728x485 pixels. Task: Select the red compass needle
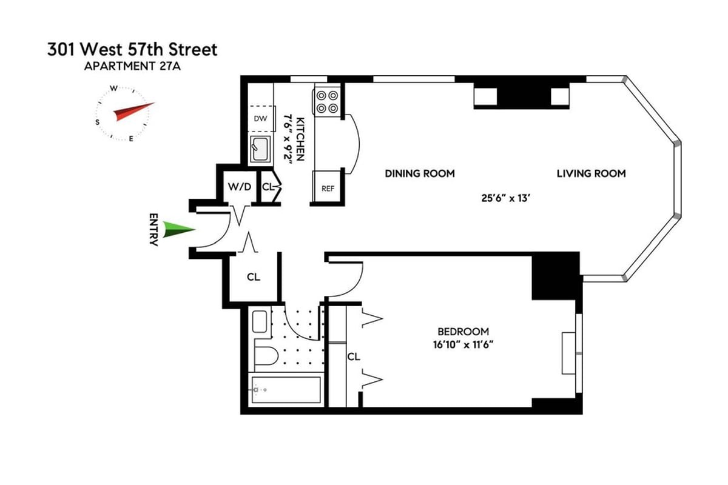coord(133,112)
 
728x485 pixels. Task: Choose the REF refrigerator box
coord(328,189)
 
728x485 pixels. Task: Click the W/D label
coord(239,187)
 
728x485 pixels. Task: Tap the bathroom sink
coord(259,321)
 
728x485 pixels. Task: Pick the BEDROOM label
coord(463,332)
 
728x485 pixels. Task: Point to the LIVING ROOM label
coord(591,173)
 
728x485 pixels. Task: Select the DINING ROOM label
coord(420,173)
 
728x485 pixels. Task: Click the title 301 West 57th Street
coord(132,50)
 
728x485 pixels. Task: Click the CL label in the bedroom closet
coord(353,357)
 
